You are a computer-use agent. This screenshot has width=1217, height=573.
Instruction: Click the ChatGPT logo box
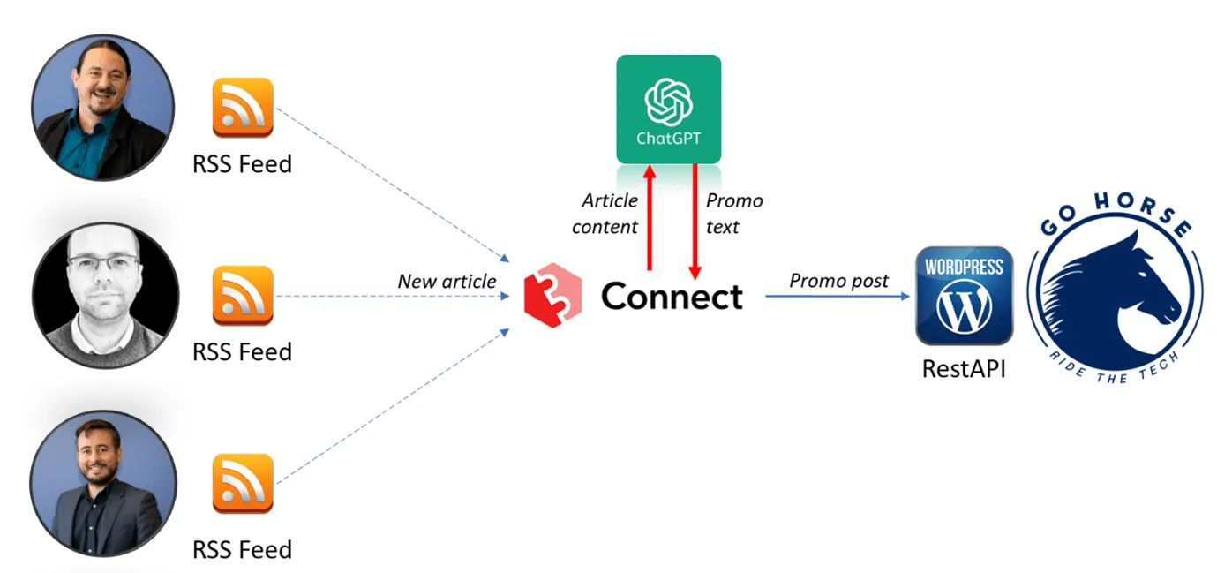[668, 109]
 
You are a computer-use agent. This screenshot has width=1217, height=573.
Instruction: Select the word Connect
[672, 297]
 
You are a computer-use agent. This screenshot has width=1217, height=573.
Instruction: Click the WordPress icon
[964, 296]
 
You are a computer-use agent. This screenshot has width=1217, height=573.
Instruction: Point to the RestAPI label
[964, 367]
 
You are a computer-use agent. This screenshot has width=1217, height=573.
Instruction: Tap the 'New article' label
[447, 281]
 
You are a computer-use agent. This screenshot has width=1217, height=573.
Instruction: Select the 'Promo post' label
[839, 280]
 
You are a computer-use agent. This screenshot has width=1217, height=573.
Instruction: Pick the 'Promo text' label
[733, 214]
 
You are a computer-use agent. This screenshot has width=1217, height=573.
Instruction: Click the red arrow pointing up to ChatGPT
[650, 216]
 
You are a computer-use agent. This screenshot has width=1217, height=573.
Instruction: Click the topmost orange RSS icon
[243, 108]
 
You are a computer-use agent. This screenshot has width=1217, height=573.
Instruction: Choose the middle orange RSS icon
[243, 296]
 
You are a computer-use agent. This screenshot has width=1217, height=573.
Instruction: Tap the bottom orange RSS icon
[243, 483]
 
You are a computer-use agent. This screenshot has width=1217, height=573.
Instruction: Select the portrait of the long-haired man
[103, 107]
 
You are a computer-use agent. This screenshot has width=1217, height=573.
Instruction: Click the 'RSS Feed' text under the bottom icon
[242, 549]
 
